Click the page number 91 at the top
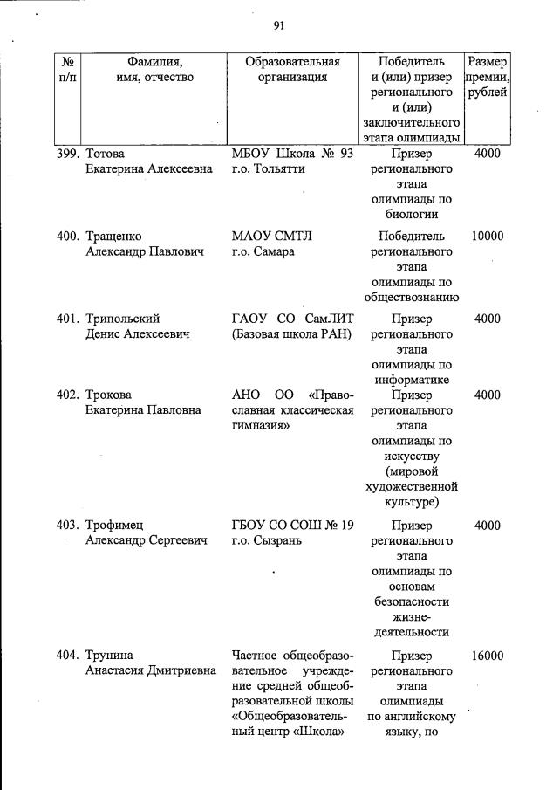279,25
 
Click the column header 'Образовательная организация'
292,69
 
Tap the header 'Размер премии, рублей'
487,77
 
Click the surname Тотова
105,154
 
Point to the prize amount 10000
487,237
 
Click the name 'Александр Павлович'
144,252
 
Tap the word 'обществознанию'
411,298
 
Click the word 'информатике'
411,380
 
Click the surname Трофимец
114,525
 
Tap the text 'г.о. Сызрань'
266,540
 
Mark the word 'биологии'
411,215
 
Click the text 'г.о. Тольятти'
269,169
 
